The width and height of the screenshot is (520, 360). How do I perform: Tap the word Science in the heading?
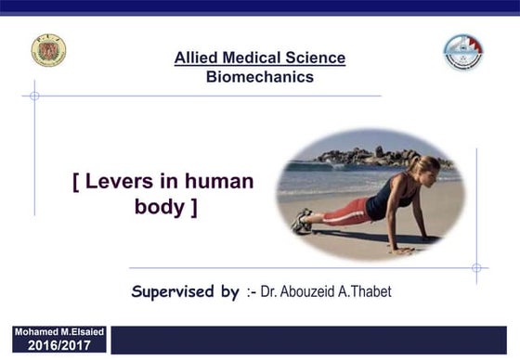pyautogui.click(x=317, y=58)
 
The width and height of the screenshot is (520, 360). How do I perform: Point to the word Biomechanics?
pyautogui.click(x=259, y=77)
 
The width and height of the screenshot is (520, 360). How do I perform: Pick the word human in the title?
pyautogui.click(x=218, y=181)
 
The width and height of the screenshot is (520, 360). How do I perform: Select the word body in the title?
pyautogui.click(x=160, y=207)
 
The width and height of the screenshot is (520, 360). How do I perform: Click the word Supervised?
pyautogui.click(x=186, y=292)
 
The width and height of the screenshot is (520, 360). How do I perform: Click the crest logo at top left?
pyautogui.click(x=48, y=51)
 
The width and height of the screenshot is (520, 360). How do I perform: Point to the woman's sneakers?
pyautogui.click(x=302, y=221)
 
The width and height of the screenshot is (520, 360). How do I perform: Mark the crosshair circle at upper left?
pyautogui.click(x=34, y=96)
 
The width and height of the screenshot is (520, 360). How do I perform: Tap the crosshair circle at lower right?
pyautogui.click(x=476, y=268)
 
